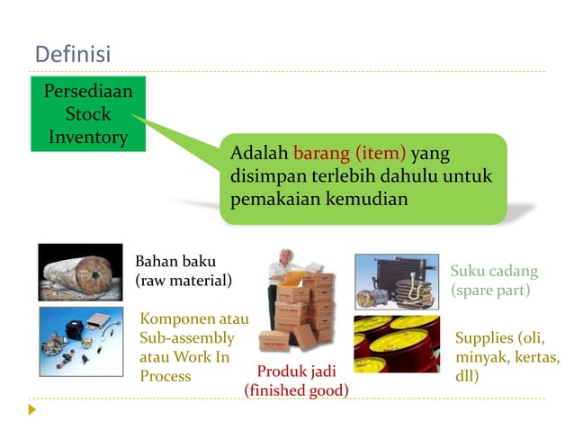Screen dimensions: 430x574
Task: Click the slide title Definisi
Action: [72, 55]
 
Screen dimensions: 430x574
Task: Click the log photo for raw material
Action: [80, 272]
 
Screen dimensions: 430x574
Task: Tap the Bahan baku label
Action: [175, 262]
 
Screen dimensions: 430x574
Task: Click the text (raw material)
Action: [184, 281]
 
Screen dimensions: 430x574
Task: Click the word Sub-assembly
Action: [187, 338]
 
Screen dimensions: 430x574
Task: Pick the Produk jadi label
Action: [296, 372]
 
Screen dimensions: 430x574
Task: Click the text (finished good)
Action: [296, 390]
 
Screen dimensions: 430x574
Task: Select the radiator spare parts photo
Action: [397, 282]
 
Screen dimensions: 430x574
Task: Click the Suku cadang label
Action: [494, 271]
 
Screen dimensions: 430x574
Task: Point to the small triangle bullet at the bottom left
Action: [33, 409]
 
